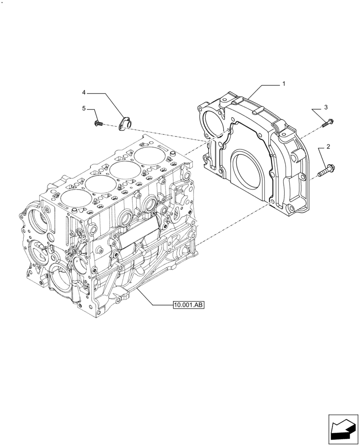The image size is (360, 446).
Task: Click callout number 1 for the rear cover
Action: (284, 84)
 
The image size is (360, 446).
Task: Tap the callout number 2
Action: (328, 146)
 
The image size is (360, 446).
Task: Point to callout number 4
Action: (84, 92)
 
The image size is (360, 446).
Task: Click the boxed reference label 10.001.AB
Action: (188, 306)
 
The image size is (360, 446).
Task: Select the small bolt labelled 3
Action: (329, 122)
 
